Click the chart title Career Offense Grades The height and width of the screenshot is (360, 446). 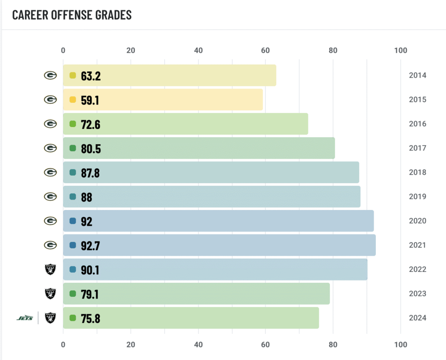point(72,15)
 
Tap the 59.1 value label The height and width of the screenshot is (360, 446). point(90,100)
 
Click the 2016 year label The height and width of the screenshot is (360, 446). point(417,124)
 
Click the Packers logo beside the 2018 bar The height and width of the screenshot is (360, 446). point(51,172)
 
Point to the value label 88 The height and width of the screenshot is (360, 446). point(87,197)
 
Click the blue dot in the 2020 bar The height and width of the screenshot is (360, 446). point(73,221)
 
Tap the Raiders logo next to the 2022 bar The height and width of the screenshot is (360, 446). point(51,269)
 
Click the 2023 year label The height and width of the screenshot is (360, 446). point(417,293)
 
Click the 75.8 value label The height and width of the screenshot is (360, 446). point(91,318)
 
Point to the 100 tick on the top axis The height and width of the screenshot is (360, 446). point(400,50)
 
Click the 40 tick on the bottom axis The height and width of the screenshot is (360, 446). point(198,344)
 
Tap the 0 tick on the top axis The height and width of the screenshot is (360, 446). point(63,50)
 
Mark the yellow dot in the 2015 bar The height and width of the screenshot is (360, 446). point(73,100)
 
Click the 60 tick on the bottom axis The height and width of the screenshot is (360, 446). point(266,344)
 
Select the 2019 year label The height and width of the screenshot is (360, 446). point(417,197)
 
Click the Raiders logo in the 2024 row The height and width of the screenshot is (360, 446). point(51,318)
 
